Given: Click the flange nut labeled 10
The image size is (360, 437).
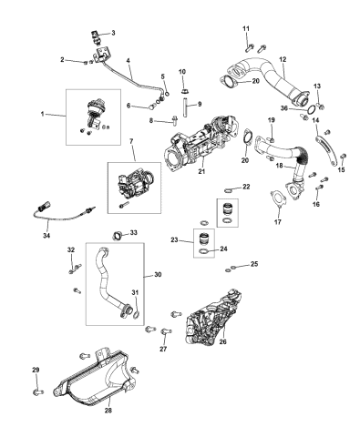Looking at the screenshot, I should [182, 89].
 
